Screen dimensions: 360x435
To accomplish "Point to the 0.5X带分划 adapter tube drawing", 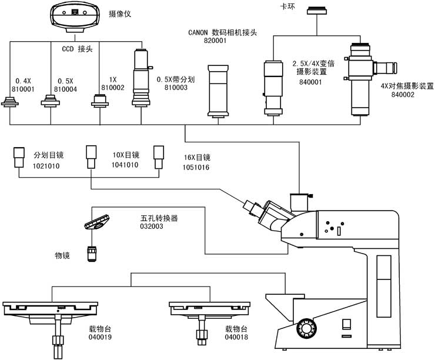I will (x=141, y=79).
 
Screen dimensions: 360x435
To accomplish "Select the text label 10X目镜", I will (x=125, y=155).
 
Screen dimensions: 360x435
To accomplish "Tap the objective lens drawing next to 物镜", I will (x=92, y=254).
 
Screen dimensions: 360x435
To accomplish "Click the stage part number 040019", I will (x=100, y=338).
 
